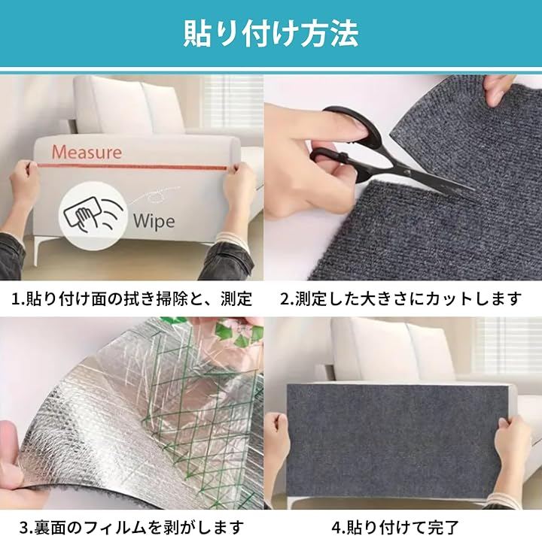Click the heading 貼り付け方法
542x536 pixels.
click(x=271, y=34)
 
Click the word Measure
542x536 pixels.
click(x=87, y=152)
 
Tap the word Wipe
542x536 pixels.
click(x=154, y=221)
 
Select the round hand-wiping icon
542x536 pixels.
click(x=93, y=213)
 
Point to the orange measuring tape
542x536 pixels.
click(x=133, y=167)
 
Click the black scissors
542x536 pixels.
click(x=387, y=153)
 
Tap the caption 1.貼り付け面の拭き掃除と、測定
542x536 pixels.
click(x=132, y=298)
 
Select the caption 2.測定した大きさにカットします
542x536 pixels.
click(x=401, y=298)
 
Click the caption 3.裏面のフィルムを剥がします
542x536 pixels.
click(x=132, y=527)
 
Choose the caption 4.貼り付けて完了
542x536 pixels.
click(x=395, y=527)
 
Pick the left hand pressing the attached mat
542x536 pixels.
click(x=282, y=442)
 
